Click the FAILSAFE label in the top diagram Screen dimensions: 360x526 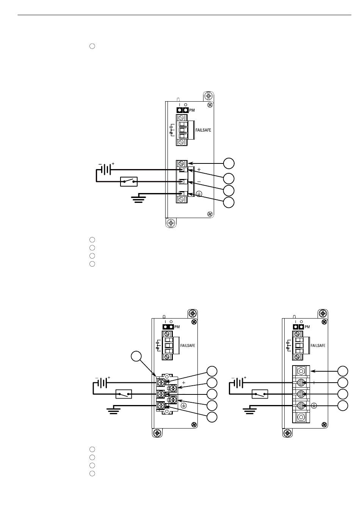point(203,130)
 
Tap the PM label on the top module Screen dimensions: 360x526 point(192,110)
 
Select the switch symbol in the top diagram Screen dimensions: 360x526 point(129,182)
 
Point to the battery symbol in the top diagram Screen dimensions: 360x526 point(106,169)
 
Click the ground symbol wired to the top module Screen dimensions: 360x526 point(138,199)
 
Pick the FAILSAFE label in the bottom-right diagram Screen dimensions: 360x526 point(318,345)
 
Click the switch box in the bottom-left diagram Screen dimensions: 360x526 point(124,394)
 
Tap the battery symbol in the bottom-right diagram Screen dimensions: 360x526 point(239,383)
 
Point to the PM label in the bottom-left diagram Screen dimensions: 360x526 point(177,327)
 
